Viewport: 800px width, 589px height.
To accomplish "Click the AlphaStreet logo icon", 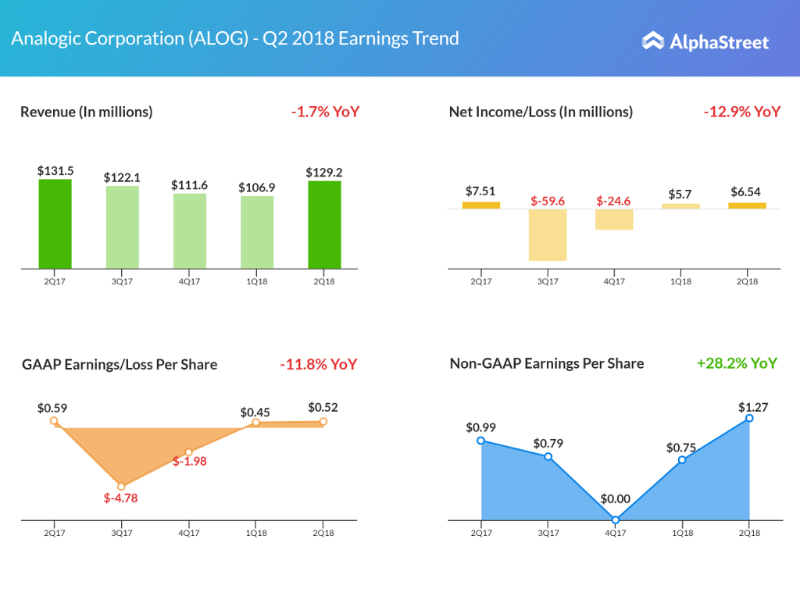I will pyautogui.click(x=653, y=41).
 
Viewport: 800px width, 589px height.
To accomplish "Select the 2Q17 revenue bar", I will pyautogui.click(x=55, y=224).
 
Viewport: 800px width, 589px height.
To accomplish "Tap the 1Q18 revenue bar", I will pyautogui.click(x=257, y=232).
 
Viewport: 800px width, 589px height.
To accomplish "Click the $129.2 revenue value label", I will pyautogui.click(x=324, y=171).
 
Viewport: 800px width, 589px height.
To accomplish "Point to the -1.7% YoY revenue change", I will pyautogui.click(x=325, y=112).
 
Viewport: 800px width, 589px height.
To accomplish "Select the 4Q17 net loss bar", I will pyautogui.click(x=613, y=220).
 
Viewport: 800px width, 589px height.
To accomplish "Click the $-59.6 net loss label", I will pyautogui.click(x=547, y=201).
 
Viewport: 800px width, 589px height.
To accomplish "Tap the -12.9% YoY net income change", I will pyautogui.click(x=741, y=112).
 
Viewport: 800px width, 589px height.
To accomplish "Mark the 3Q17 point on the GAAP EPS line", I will pyautogui.click(x=121, y=486).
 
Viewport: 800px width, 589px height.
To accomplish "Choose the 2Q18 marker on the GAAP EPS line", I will pyautogui.click(x=323, y=421).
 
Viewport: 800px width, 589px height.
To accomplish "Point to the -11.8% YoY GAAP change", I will pyautogui.click(x=318, y=365).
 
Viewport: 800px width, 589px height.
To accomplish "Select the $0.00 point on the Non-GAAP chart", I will pyautogui.click(x=616, y=519).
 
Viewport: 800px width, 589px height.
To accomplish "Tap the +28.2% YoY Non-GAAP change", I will pyautogui.click(x=737, y=363).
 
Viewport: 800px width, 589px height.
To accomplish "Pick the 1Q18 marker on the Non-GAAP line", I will pyautogui.click(x=682, y=459).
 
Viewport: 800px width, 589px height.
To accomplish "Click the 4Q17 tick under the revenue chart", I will pyautogui.click(x=190, y=281).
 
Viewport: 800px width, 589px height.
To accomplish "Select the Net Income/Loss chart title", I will pyautogui.click(x=541, y=112).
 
